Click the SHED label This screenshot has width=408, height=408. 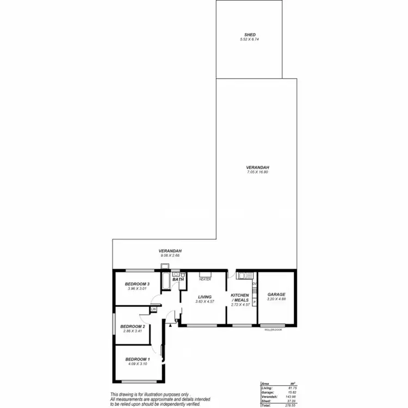(x=250, y=34)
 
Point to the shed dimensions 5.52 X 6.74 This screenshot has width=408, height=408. (x=250, y=39)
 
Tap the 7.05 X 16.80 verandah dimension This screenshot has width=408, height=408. (x=257, y=172)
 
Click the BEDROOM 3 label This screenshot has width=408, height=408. (x=137, y=284)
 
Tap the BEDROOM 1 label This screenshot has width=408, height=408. (x=137, y=360)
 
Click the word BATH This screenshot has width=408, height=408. (x=178, y=279)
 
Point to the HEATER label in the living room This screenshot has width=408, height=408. (x=205, y=279)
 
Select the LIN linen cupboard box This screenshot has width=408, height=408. (x=154, y=309)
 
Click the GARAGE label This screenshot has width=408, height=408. (x=276, y=294)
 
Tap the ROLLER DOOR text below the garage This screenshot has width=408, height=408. (x=273, y=329)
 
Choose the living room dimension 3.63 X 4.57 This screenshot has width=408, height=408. (x=205, y=301)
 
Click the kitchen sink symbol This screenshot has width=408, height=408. (x=243, y=275)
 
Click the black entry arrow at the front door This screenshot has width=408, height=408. (x=170, y=325)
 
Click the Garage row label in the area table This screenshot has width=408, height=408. (x=267, y=392)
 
